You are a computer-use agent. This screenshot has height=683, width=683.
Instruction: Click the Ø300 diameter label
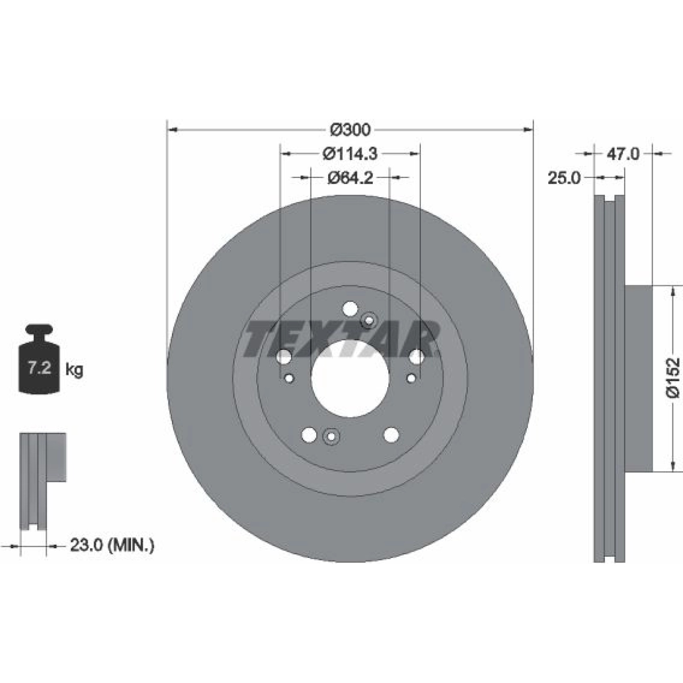click(x=350, y=129)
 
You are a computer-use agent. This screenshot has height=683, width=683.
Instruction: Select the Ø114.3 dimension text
click(x=350, y=154)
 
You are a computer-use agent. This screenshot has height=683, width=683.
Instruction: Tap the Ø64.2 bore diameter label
click(x=350, y=178)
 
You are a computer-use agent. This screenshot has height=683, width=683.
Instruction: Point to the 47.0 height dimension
click(x=623, y=154)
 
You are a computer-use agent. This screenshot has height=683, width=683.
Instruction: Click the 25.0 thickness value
click(x=564, y=178)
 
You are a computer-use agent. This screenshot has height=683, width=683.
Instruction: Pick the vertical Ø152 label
click(x=673, y=377)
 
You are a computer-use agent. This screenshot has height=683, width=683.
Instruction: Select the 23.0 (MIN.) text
click(x=112, y=545)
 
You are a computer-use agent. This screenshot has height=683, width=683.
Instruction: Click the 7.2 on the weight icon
click(x=39, y=368)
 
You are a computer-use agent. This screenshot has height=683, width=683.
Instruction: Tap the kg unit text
click(x=74, y=370)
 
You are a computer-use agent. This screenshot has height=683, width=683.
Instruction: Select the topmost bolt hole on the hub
click(x=350, y=309)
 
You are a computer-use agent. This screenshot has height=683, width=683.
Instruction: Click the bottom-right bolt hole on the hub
click(x=391, y=435)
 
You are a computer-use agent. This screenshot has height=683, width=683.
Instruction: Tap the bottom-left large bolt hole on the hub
click(x=309, y=435)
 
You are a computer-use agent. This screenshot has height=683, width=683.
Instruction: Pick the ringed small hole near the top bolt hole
click(x=369, y=320)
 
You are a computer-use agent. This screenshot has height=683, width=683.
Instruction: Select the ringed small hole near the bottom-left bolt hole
click(x=331, y=437)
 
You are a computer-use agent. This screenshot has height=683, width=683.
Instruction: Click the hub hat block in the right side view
click(x=639, y=379)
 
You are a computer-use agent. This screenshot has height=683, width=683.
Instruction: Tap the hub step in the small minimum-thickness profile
click(x=56, y=457)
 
